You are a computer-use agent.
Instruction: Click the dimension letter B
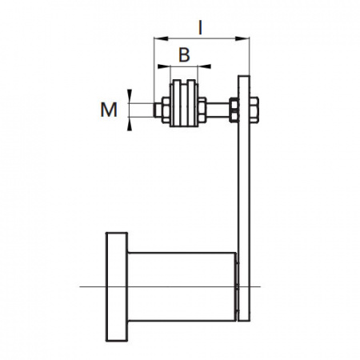click(x=184, y=54)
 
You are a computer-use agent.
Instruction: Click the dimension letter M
click(x=109, y=110)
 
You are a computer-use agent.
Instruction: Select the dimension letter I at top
click(x=200, y=28)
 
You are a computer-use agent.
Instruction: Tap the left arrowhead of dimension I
click(x=161, y=39)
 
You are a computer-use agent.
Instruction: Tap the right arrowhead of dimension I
click(x=242, y=39)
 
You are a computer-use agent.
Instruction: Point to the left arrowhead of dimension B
click(x=164, y=66)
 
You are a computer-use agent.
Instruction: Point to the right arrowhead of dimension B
click(x=204, y=66)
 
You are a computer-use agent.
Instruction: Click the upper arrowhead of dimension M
click(x=130, y=96)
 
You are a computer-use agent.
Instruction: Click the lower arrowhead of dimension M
click(x=130, y=124)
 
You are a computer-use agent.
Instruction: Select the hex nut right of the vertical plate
click(x=254, y=110)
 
